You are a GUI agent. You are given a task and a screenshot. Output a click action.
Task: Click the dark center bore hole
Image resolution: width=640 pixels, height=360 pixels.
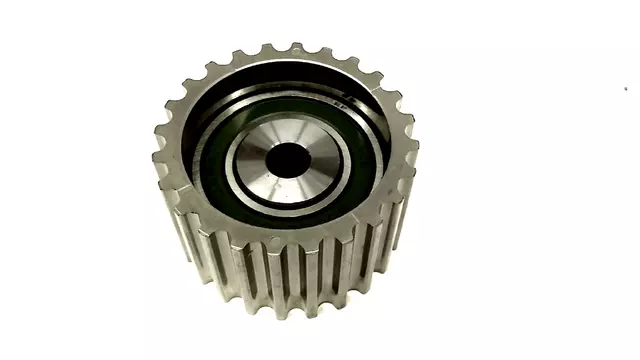(x=289, y=159)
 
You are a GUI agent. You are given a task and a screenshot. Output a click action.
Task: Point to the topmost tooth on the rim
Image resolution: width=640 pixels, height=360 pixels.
(x=297, y=46)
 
